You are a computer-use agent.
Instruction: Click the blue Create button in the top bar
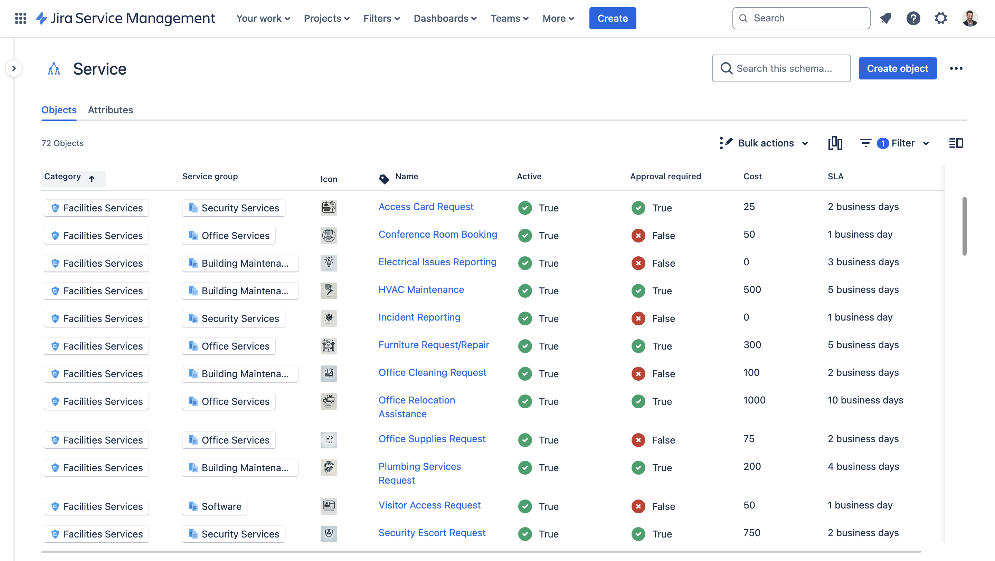click(x=612, y=18)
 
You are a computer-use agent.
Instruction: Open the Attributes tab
click(x=111, y=110)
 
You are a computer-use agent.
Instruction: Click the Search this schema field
click(x=784, y=68)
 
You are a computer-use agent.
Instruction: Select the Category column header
click(x=63, y=177)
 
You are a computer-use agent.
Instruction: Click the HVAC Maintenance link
click(x=421, y=289)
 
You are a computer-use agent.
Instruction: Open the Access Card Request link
click(x=426, y=207)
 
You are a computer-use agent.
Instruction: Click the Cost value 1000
click(x=754, y=400)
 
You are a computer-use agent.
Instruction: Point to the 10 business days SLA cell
click(x=865, y=400)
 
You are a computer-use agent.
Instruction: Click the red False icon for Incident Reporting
click(x=638, y=318)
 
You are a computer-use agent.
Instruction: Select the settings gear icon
click(x=940, y=18)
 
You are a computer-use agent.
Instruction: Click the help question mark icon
click(x=913, y=18)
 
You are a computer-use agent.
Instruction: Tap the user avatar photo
click(x=969, y=18)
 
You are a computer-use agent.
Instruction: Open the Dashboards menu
click(x=445, y=18)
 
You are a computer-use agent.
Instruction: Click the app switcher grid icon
click(x=20, y=18)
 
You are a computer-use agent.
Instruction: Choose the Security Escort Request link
click(x=432, y=533)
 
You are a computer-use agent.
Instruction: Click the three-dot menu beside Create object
click(x=956, y=68)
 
